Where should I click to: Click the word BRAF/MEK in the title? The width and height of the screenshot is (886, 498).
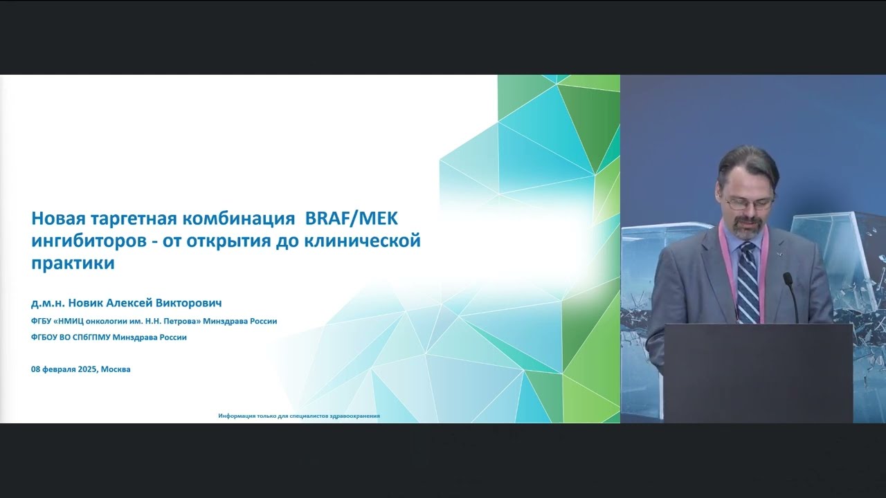click(x=352, y=219)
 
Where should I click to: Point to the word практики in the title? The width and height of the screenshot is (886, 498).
click(x=73, y=264)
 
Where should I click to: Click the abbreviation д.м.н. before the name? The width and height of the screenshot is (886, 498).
click(x=48, y=303)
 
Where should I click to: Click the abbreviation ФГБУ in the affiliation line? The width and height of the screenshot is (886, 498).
click(x=42, y=321)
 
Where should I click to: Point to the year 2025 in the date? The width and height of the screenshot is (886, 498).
click(x=88, y=369)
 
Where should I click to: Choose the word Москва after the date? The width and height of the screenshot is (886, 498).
click(x=116, y=369)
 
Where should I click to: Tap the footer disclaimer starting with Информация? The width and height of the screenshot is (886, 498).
click(x=299, y=416)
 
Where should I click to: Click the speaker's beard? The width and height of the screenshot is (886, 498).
click(x=745, y=228)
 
